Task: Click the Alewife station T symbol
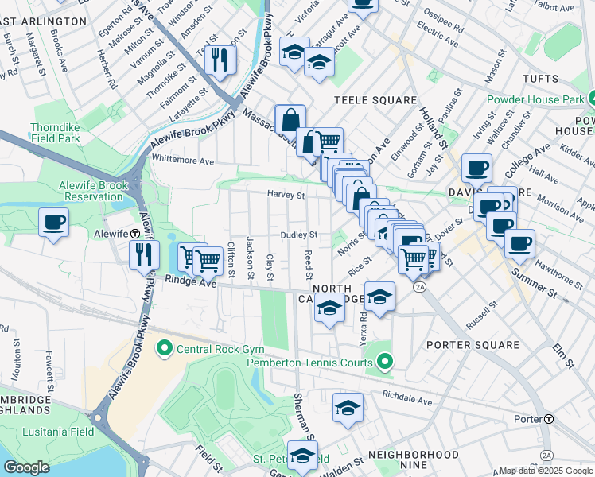136,235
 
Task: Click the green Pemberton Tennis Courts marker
385,363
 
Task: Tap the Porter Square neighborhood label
472,345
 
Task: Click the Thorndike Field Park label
56,133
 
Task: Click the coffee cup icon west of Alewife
53,223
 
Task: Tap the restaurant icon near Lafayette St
220,60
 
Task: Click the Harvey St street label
286,195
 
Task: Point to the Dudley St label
299,235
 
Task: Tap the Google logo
26,467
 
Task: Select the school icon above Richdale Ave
348,407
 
